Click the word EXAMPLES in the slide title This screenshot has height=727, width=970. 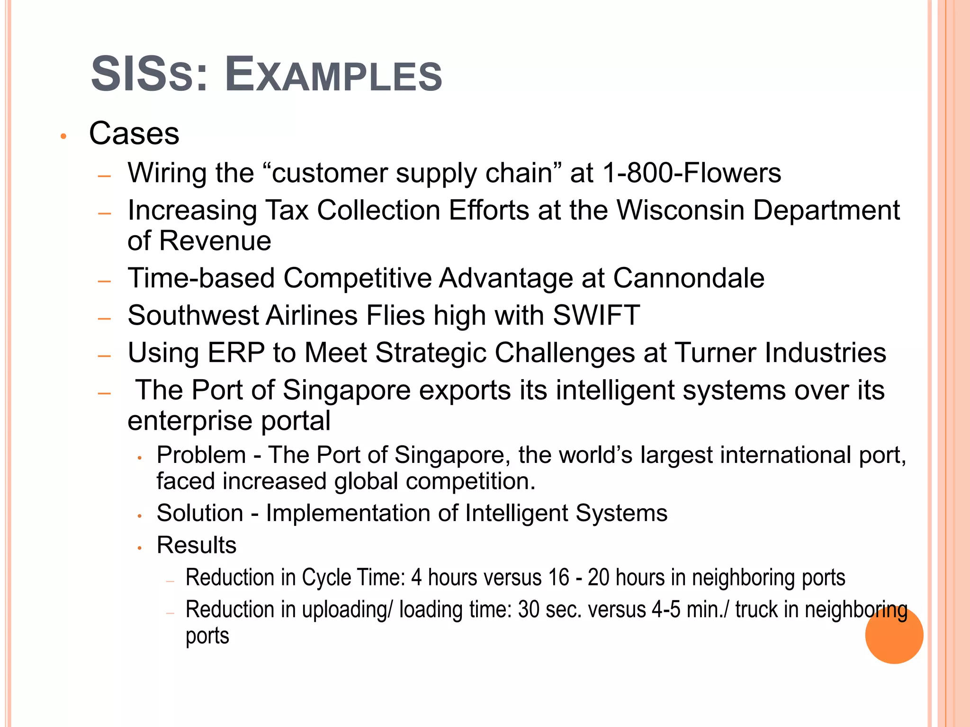pyautogui.click(x=333, y=75)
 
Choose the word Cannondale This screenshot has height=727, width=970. pyautogui.click(x=689, y=278)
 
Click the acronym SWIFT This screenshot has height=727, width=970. pyautogui.click(x=596, y=315)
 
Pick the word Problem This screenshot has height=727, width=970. pyautogui.click(x=201, y=455)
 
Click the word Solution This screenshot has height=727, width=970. pyautogui.click(x=200, y=513)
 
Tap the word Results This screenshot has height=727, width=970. pyautogui.click(x=197, y=545)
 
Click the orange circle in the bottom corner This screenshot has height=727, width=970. pyautogui.click(x=894, y=635)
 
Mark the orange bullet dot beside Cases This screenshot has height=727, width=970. pyautogui.click(x=63, y=137)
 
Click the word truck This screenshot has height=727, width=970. pyautogui.click(x=756, y=610)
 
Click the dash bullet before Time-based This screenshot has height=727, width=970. pyautogui.click(x=104, y=281)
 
